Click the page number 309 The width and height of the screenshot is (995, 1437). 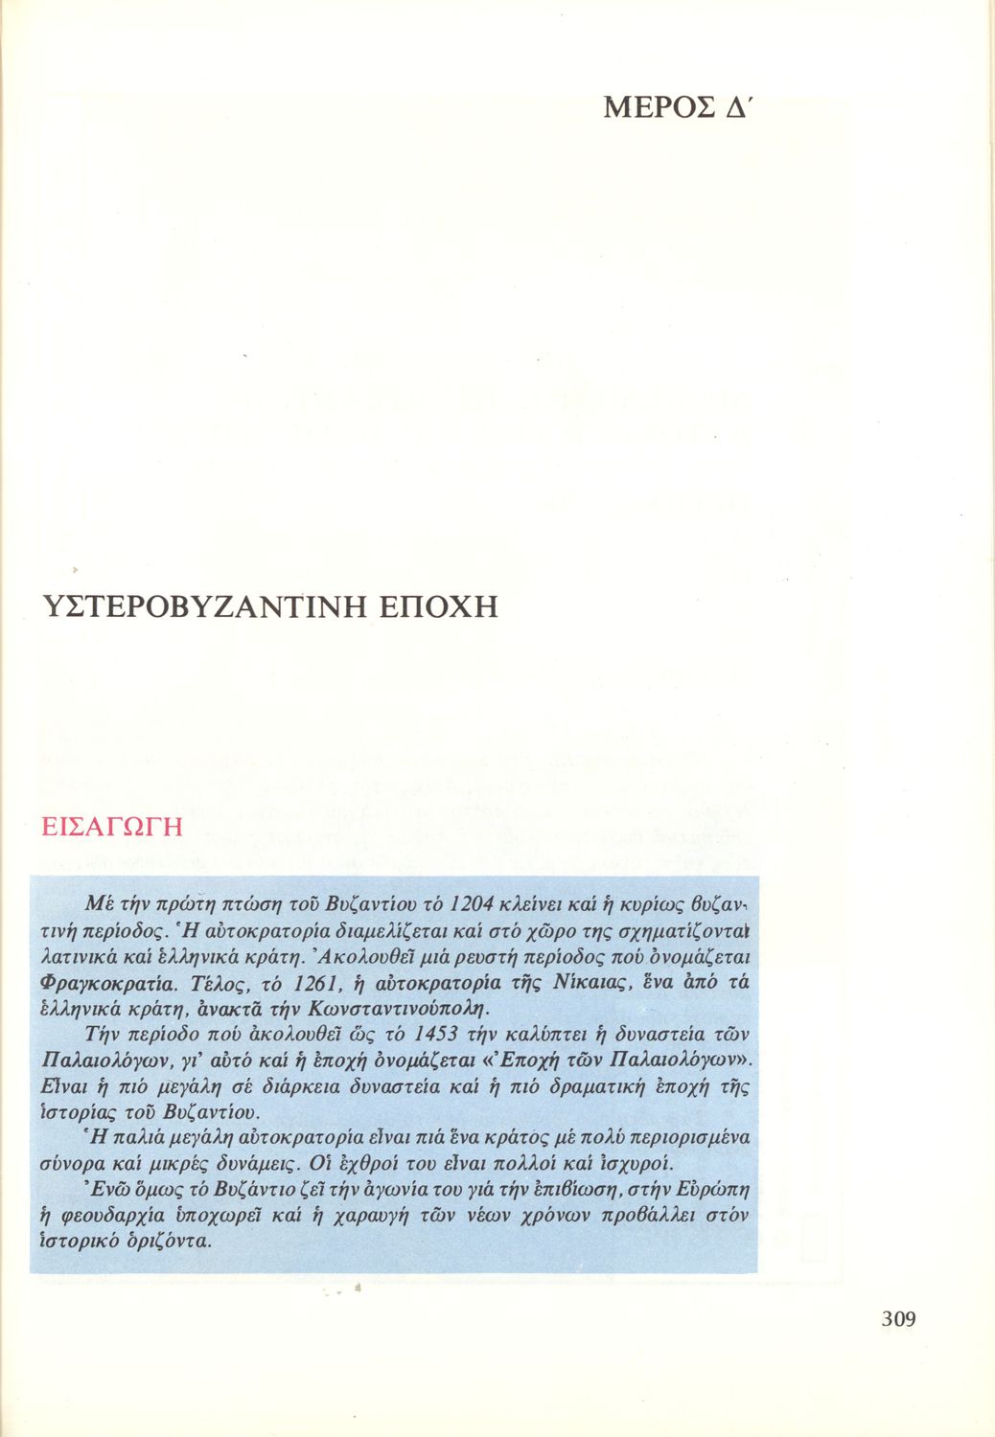[x=898, y=1319]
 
